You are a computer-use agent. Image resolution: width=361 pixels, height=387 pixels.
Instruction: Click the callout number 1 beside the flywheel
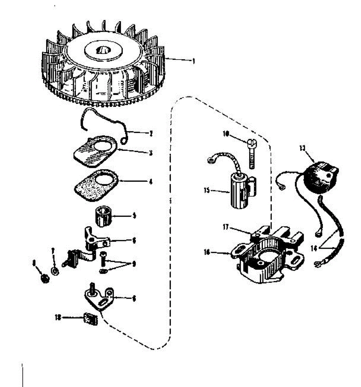coord(193,61)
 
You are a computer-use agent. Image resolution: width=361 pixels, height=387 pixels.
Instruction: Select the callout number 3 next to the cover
coord(151,153)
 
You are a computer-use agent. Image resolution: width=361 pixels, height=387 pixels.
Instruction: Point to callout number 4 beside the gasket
coord(151,182)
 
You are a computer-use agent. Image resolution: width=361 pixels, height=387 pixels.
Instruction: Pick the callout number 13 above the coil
coord(302,148)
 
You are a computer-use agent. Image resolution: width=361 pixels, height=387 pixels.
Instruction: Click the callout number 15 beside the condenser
coord(206,190)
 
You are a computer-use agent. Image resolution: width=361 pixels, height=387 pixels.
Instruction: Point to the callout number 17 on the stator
coord(225,227)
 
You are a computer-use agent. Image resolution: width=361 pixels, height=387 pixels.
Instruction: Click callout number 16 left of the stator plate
coord(206,252)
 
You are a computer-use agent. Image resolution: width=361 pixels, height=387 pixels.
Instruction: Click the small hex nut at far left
coord(45,279)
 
